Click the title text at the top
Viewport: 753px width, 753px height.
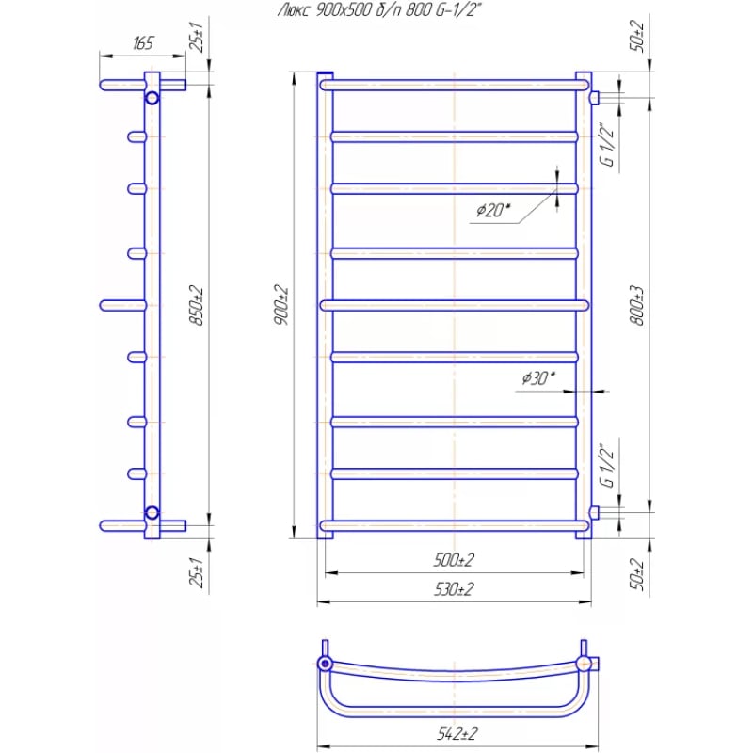pos(379,9)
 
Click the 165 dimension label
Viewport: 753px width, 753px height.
pos(143,43)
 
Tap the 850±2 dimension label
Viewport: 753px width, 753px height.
pos(197,305)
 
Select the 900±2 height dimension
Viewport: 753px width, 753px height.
pos(281,304)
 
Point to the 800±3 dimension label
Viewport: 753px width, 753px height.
pos(637,305)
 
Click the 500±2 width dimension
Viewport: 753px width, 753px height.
pos(454,559)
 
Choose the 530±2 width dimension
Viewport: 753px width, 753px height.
pos(454,589)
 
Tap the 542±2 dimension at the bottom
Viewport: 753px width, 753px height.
pos(457,733)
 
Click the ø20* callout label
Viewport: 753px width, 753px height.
pos(493,210)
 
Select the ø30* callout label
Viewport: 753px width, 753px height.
pos(538,378)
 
